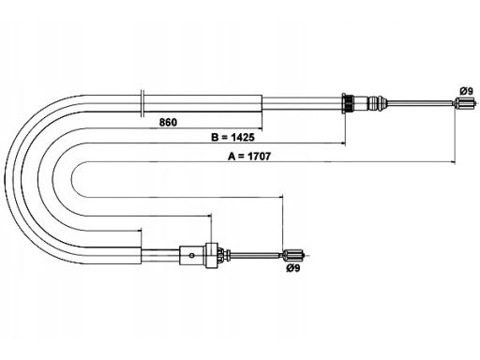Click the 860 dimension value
pos(168,122)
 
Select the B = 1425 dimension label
pos(232,137)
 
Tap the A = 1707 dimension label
pos(249,156)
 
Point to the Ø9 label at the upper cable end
pos(466,91)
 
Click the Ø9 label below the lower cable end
pos(292,268)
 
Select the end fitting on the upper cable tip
pos(465,102)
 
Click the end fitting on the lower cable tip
pos(293,255)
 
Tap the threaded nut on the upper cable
pos(348,103)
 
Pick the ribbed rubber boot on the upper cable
pos(378,102)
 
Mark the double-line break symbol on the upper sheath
pos(142,103)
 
